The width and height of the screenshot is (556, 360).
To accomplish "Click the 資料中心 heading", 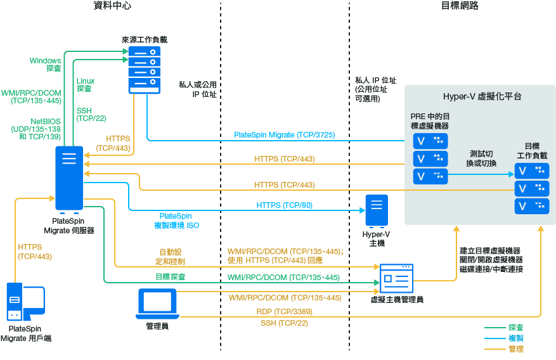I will pos(112,6).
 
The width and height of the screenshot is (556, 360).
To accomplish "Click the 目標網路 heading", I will pos(459,6).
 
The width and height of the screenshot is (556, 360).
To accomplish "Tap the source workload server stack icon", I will pos(143,69).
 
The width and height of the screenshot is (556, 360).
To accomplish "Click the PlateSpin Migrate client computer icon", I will pos(25,303).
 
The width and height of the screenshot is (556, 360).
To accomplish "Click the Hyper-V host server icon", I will pos(376,211).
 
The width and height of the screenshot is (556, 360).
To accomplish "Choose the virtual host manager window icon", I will pos(397,278).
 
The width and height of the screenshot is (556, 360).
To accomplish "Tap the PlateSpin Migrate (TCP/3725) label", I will pos(284,134).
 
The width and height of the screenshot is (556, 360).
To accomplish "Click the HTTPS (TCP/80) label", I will pos(284,205).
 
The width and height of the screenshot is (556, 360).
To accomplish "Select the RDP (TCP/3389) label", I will pos(284,311).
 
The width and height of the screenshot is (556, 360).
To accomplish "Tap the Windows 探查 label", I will pos(46,64).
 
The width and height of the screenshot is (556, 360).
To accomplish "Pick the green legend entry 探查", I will pos(515,327).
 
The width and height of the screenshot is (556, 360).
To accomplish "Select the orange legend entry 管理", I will pos(515,349).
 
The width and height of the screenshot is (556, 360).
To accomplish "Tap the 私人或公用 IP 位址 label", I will pos(198,89).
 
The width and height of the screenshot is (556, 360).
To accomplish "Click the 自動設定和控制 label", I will pos(171,256).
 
